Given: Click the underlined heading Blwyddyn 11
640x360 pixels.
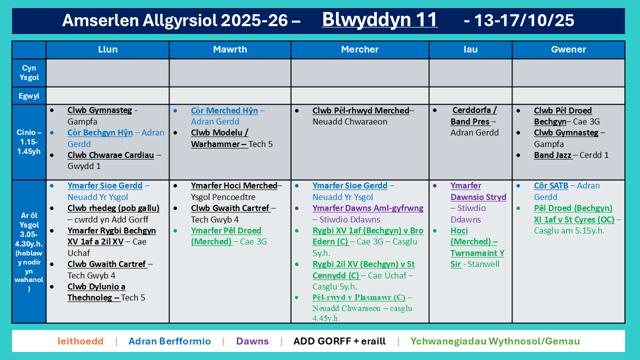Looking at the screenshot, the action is pyautogui.click(x=379, y=19).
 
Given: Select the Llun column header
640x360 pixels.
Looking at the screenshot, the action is pyautogui.click(x=107, y=49).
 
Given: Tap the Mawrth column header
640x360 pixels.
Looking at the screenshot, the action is pyautogui.click(x=230, y=49).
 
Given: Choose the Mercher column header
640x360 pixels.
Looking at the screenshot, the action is pyautogui.click(x=359, y=49).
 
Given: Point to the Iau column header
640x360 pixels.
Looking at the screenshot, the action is pyautogui.click(x=470, y=49).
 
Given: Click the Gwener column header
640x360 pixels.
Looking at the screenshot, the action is pyautogui.click(x=568, y=49).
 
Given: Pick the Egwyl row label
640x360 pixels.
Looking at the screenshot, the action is pyautogui.click(x=29, y=96).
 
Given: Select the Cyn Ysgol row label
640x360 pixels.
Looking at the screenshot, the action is pyautogui.click(x=29, y=72).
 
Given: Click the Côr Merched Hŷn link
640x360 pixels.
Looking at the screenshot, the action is pyautogui.click(x=224, y=110).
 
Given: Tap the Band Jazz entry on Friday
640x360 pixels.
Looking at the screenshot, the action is pyautogui.click(x=552, y=155).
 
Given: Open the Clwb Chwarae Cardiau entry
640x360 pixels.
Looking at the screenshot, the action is pyautogui.click(x=110, y=155).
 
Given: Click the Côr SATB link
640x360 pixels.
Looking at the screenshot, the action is pyautogui.click(x=551, y=185).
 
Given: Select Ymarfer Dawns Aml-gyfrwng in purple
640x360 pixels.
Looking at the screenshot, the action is pyautogui.click(x=368, y=208).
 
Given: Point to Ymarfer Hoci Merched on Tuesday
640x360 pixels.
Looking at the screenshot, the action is pyautogui.click(x=234, y=185).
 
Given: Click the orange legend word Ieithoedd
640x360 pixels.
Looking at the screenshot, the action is pyautogui.click(x=80, y=341).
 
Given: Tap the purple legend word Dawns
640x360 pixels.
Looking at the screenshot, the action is pyautogui.click(x=252, y=341).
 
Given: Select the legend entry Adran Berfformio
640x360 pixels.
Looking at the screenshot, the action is pyautogui.click(x=169, y=341).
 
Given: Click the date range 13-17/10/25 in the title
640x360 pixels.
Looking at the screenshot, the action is pyautogui.click(x=518, y=20).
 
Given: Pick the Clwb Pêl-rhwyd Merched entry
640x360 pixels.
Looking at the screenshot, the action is pyautogui.click(x=360, y=110).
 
